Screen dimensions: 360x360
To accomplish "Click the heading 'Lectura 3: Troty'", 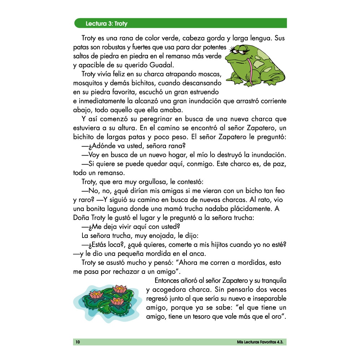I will tap(107, 24).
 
